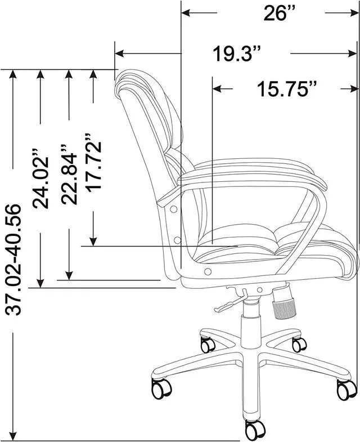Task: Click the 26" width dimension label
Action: [280, 14]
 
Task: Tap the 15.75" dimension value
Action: [287, 89]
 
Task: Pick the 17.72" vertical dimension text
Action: [93, 162]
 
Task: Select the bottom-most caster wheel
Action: [254, 430]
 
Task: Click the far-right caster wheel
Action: [346, 389]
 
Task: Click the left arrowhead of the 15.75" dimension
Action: [217, 89]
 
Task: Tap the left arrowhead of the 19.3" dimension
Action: [119, 54]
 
